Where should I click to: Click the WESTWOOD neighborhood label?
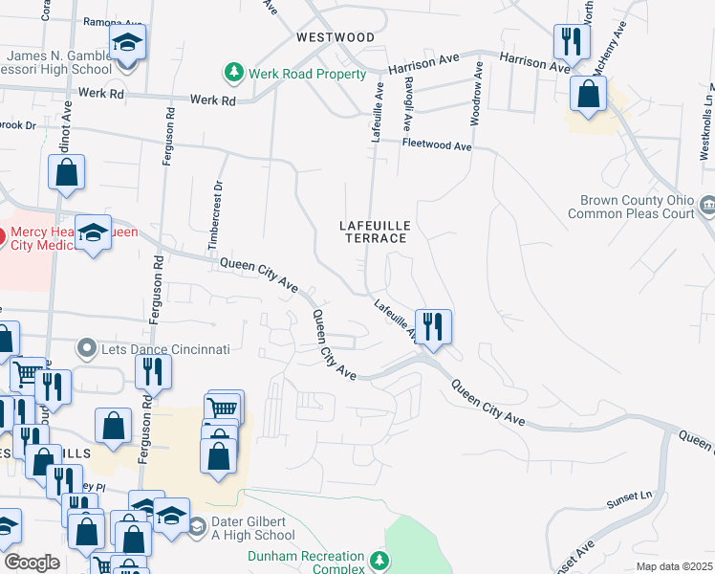pyautogui.click(x=336, y=37)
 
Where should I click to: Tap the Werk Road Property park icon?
pyautogui.click(x=233, y=73)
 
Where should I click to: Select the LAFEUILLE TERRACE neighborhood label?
pyautogui.click(x=376, y=232)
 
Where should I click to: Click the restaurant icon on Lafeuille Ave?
pyautogui.click(x=433, y=326)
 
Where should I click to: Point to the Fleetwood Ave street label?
pyautogui.click(x=437, y=146)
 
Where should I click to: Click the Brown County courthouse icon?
pyautogui.click(x=708, y=203)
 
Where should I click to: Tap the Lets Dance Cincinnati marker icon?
pyautogui.click(x=88, y=349)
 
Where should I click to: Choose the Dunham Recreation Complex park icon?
pyautogui.click(x=380, y=558)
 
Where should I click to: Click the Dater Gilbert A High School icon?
pyautogui.click(x=197, y=526)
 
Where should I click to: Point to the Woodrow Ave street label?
pyautogui.click(x=476, y=94)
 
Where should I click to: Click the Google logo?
pyautogui.click(x=32, y=563)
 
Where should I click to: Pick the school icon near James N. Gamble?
pyautogui.click(x=126, y=43)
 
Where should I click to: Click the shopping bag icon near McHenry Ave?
pyautogui.click(x=588, y=94)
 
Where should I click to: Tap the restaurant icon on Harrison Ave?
pyautogui.click(x=570, y=41)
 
